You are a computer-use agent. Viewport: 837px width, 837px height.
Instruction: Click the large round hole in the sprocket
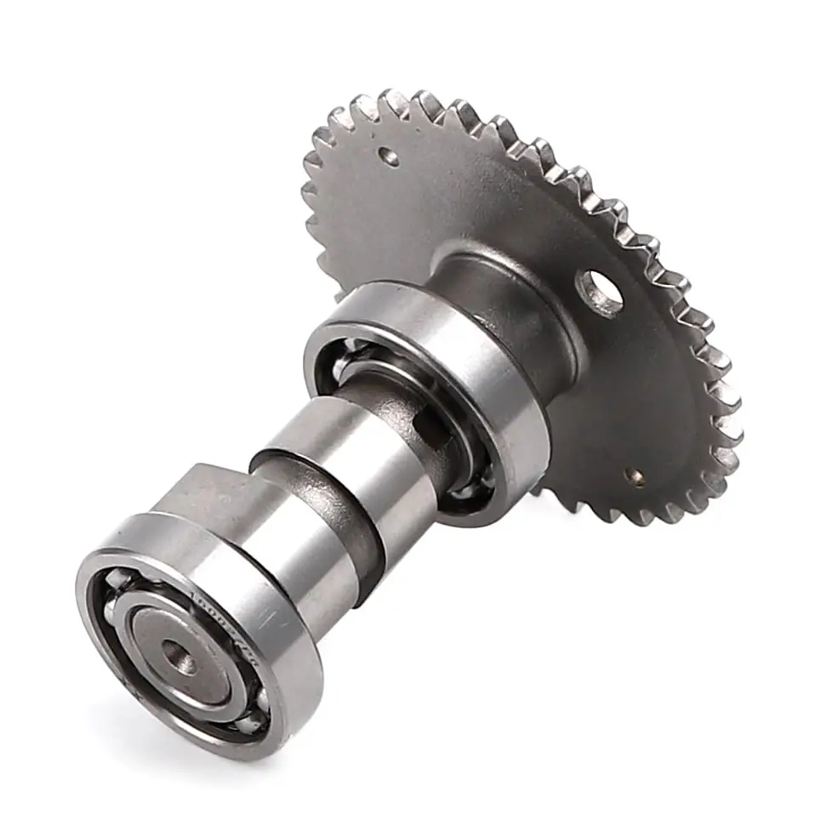point(602,293)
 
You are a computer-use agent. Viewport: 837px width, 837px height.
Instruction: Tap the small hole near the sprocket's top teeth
point(389,157)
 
